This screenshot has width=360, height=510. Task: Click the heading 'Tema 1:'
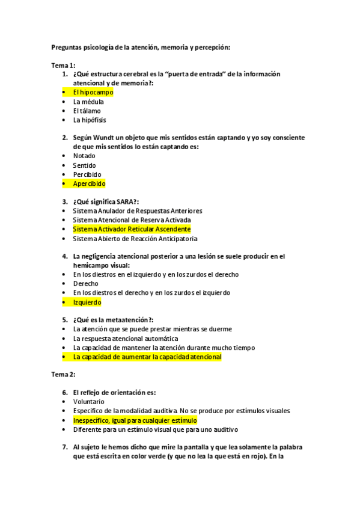click(x=63, y=65)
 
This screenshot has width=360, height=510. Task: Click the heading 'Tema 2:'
click(x=63, y=375)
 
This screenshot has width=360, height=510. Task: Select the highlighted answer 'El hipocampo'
click(x=93, y=93)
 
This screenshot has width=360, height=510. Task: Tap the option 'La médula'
click(x=88, y=102)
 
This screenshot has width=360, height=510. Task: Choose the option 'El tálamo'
click(x=87, y=111)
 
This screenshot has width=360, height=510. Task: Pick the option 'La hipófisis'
click(x=90, y=120)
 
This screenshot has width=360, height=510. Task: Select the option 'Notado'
click(x=84, y=156)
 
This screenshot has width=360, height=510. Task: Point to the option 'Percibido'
click(x=87, y=174)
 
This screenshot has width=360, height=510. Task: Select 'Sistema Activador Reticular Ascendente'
click(x=132, y=229)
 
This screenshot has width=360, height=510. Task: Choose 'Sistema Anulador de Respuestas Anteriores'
click(x=137, y=211)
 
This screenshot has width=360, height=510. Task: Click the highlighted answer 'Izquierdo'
click(x=87, y=302)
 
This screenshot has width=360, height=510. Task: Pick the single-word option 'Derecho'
click(x=85, y=283)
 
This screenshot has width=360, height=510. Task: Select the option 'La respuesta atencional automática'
click(x=125, y=339)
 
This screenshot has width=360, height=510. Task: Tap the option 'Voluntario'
click(x=88, y=402)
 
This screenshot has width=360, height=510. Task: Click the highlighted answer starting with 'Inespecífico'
click(x=135, y=420)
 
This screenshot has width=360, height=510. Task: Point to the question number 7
click(x=64, y=447)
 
